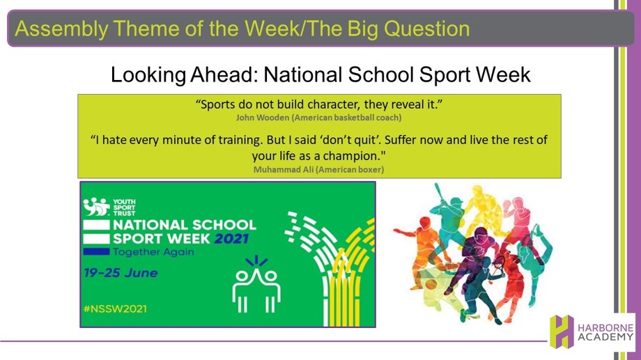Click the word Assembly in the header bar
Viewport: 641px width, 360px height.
[61, 29]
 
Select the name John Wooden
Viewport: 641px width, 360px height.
[263, 118]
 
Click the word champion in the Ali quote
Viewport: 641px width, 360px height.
[352, 157]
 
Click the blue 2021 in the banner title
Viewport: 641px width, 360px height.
[231, 239]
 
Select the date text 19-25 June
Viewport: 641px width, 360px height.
[121, 273]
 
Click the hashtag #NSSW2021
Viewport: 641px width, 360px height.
[115, 308]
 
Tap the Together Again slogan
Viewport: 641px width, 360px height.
[153, 251]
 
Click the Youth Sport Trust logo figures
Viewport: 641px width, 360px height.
[96, 207]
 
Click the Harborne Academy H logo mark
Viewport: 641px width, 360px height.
[562, 331]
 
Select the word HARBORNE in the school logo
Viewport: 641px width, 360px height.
[605, 328]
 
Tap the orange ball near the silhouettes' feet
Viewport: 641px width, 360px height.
[432, 284]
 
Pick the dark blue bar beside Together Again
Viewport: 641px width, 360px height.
[96, 251]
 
